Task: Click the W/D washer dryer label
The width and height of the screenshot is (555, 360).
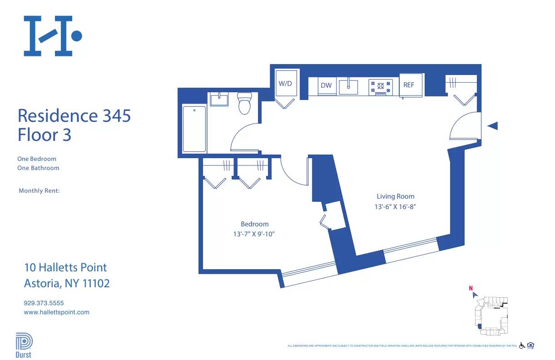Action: [x=285, y=84]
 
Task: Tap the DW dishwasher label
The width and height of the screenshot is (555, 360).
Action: [x=326, y=85]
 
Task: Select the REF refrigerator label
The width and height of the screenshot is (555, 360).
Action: [x=409, y=85]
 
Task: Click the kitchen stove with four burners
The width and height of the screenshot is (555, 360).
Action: [x=381, y=87]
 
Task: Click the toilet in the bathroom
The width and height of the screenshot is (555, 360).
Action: [x=244, y=104]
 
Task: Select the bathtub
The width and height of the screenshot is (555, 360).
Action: [x=194, y=129]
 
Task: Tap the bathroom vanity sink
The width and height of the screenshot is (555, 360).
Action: [x=220, y=99]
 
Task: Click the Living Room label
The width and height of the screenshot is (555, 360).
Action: [x=395, y=196]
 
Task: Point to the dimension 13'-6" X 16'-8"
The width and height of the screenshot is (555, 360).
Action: [x=395, y=206]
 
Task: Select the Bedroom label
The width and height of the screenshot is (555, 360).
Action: [x=254, y=224]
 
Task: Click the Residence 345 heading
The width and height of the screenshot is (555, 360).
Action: [x=74, y=116]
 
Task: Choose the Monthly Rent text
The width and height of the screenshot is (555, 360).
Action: [x=39, y=191]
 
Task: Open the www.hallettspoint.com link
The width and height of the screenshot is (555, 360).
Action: [x=56, y=312]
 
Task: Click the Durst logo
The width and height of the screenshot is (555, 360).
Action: [x=23, y=345]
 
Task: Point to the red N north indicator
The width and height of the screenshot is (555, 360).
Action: [x=471, y=288]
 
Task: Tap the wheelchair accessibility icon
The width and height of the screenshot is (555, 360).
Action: [x=522, y=346]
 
